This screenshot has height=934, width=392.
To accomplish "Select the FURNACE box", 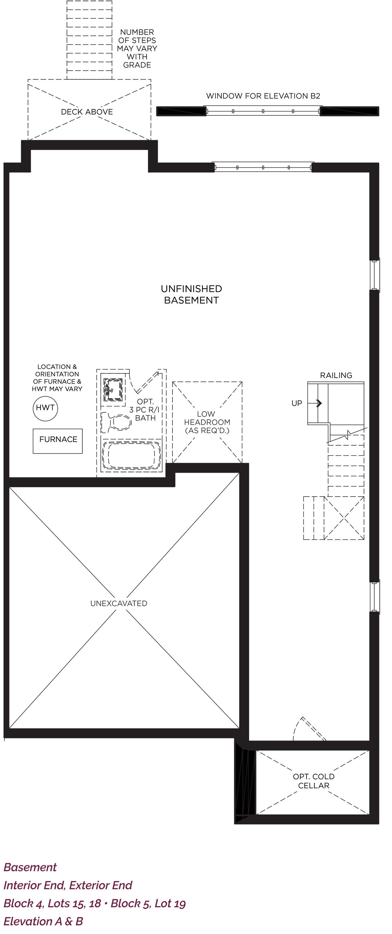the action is (57, 441).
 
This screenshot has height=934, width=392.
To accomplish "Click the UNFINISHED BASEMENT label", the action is (191, 294).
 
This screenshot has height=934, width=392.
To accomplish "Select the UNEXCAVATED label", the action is (119, 603).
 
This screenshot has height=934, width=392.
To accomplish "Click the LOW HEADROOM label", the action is (207, 422).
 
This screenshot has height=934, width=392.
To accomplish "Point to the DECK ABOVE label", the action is (87, 112).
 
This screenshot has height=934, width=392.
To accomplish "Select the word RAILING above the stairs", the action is (336, 375).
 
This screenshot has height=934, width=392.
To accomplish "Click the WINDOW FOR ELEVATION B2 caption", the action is (263, 96).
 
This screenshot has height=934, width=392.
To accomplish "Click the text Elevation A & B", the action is (43, 921).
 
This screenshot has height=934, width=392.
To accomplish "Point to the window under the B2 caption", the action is (263, 111).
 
